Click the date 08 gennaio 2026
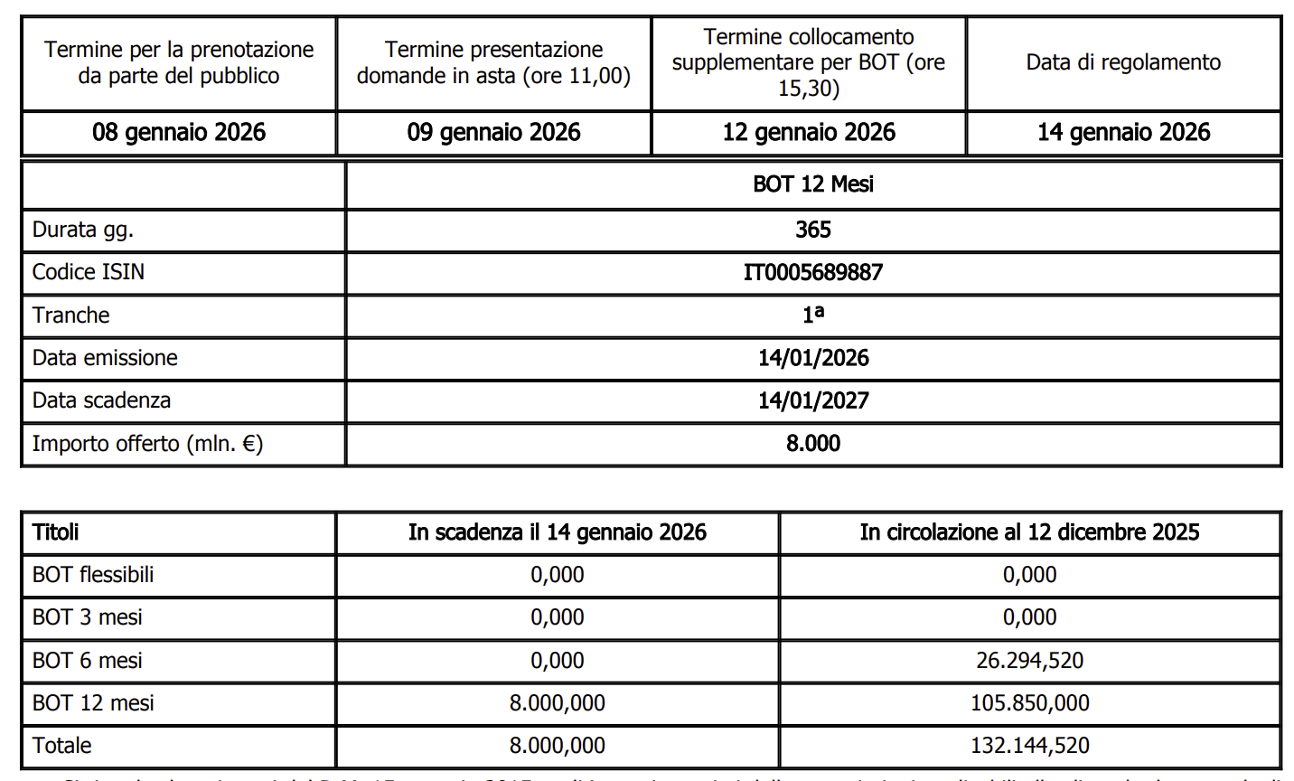tap(179, 133)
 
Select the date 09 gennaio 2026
tap(493, 133)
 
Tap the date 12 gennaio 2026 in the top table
tap(809, 133)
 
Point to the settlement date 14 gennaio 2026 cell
tap(1123, 133)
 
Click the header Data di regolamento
tap(1123, 62)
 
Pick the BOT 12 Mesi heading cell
tap(813, 184)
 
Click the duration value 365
tap(813, 230)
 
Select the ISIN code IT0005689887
tap(813, 272)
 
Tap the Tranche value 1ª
tap(813, 315)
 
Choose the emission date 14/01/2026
tap(813, 358)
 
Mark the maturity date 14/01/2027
tap(813, 400)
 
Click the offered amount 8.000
tap(813, 443)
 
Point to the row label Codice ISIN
tap(89, 272)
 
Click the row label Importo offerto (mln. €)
tap(147, 444)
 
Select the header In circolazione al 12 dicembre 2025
tap(1029, 532)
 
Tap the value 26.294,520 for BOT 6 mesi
tap(1029, 661)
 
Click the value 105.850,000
tap(1029, 703)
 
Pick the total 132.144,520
tap(1029, 746)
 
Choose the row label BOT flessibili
tap(93, 575)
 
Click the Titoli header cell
tap(56, 532)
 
